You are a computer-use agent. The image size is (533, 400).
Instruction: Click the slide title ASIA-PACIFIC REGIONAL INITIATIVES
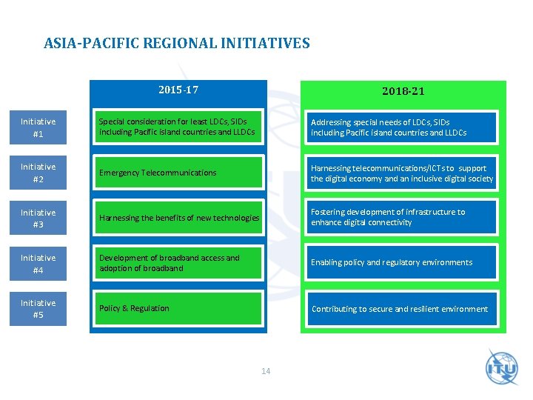coord(177,44)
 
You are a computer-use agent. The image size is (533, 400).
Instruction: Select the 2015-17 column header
coord(178,90)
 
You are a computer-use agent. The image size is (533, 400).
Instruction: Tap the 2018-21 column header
coord(403,91)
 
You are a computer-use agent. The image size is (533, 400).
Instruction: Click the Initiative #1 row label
coord(38,127)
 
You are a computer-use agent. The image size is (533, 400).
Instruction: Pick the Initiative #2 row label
coord(38,173)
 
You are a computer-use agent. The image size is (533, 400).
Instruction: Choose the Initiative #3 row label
coord(38,219)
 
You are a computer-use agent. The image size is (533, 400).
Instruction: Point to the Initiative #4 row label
coord(38,264)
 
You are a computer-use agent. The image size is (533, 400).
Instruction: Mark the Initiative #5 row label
coord(38,309)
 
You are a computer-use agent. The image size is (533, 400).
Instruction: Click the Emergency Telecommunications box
coord(178,173)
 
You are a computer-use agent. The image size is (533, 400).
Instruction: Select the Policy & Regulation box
coord(178,308)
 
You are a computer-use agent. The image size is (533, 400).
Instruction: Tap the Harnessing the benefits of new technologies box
coord(178,218)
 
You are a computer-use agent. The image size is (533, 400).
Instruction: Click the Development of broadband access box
coord(178,263)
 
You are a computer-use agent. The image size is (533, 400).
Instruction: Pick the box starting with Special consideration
coord(178,127)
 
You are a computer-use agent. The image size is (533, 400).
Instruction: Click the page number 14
coord(266,370)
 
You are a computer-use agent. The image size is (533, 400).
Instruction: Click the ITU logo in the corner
coord(502,367)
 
